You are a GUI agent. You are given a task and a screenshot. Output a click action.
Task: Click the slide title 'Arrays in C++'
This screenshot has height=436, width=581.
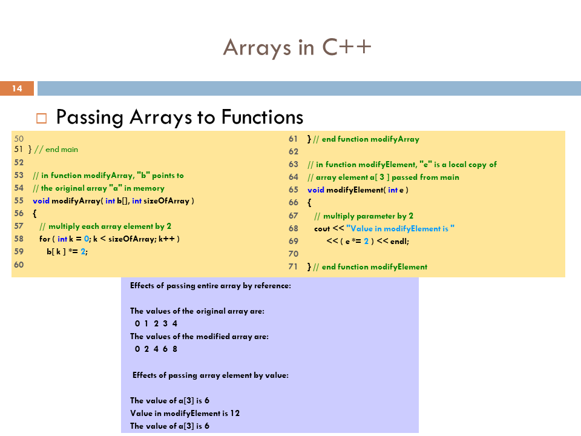coord(297,47)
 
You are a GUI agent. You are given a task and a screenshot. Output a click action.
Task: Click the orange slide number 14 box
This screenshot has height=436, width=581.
coord(17,89)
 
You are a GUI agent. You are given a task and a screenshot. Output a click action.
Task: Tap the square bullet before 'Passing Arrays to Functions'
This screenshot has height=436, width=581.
coord(41,117)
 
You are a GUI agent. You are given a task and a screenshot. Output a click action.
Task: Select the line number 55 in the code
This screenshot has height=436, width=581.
coord(18,200)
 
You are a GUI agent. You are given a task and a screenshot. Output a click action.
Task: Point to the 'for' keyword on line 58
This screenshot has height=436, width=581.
coord(45,239)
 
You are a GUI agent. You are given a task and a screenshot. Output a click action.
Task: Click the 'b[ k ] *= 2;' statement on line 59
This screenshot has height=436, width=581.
coord(67,251)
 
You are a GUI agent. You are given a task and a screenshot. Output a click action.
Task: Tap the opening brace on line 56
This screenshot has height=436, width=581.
coord(34,213)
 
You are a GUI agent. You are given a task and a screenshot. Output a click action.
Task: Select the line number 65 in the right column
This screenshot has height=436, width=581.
coord(294,190)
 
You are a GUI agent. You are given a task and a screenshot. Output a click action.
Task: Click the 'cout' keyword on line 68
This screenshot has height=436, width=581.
coord(322,228)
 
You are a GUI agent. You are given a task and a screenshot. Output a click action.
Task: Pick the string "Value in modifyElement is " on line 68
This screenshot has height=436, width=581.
coord(400,228)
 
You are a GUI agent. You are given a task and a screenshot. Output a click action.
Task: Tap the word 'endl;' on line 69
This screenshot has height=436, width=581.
coord(399,241)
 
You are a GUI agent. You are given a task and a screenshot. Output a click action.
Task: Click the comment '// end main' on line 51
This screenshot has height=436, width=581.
coord(56,149)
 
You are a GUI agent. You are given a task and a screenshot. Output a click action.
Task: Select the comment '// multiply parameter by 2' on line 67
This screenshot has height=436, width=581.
coord(364,216)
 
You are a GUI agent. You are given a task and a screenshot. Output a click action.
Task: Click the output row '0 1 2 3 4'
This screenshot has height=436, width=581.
coord(156,323)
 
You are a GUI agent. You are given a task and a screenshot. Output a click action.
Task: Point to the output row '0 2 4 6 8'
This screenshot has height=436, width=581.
coord(156,349)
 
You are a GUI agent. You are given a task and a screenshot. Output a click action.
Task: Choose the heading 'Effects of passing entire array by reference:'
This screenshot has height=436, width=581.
coord(211,285)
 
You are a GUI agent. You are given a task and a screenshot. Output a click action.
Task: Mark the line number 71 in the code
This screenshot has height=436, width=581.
coord(294,266)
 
